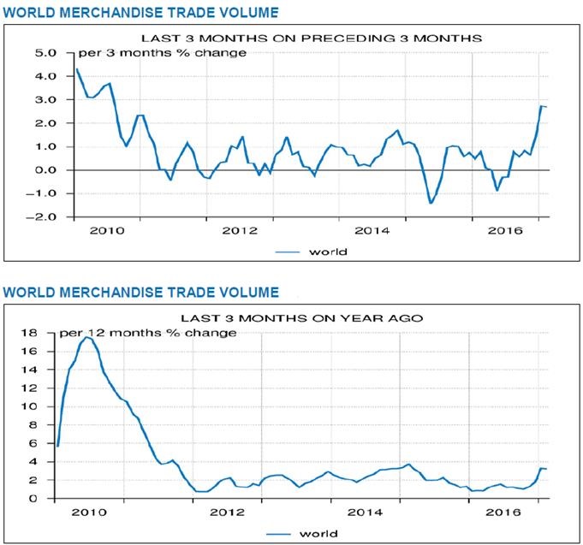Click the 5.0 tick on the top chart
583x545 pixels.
click(x=45, y=53)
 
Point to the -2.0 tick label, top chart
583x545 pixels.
click(x=41, y=217)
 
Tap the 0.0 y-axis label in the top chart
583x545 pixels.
click(x=45, y=170)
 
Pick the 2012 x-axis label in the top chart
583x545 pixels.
click(x=239, y=230)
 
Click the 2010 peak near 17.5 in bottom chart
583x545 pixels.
click(x=87, y=337)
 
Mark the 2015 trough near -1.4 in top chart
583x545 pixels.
click(x=431, y=203)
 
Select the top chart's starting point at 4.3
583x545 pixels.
click(x=77, y=69)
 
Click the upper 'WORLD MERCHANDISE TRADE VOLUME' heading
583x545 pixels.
click(x=140, y=12)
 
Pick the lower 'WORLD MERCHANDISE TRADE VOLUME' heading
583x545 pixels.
click(x=140, y=293)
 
